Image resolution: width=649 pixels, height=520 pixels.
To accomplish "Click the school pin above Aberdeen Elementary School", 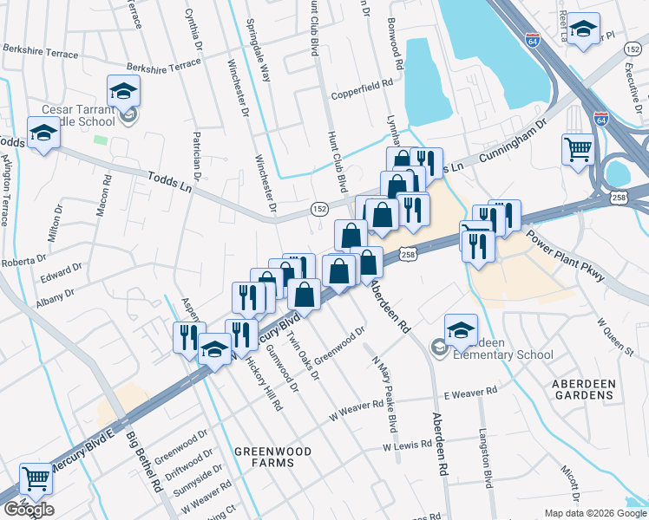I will tap(461, 328).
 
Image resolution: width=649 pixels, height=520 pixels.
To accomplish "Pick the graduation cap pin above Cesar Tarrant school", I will tap(124, 89).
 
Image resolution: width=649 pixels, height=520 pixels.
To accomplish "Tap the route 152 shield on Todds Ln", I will tap(319, 209).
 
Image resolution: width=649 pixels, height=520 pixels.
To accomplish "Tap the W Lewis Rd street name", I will tap(407, 445).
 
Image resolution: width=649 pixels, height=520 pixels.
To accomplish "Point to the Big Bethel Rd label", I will tap(145, 462).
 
